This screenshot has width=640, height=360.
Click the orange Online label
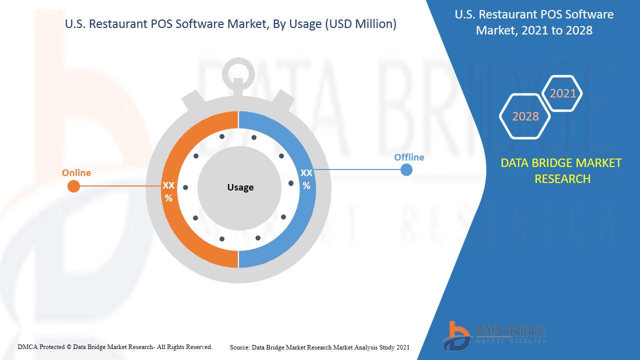pos(76,173)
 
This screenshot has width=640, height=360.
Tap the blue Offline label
pos(409,157)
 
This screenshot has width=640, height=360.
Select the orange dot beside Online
pos(73,186)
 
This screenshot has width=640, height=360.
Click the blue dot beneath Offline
pos(406,170)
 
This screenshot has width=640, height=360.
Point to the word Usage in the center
pos(240,187)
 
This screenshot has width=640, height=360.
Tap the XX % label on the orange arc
pos(168,191)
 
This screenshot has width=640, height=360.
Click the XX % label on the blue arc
pos(306,179)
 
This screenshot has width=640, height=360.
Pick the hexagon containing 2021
pos(562,93)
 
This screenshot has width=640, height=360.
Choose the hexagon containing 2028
pos(525,116)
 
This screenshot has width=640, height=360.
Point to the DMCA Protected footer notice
pos(115,346)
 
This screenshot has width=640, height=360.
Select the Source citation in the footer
pos(319,347)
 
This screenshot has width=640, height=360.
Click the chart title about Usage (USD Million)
pos(231,24)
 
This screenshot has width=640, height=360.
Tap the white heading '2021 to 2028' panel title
pos(534,22)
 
